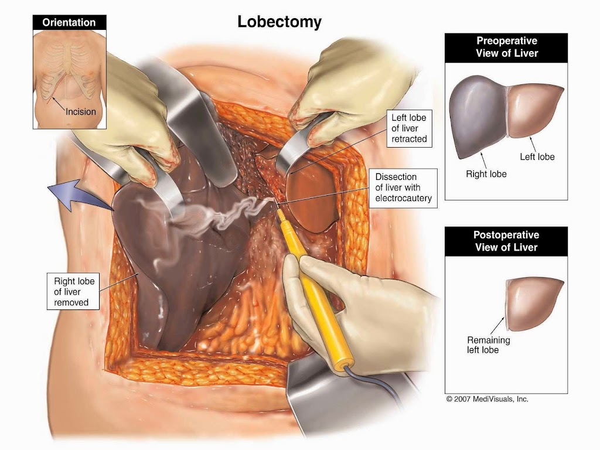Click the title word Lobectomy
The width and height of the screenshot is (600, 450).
279,22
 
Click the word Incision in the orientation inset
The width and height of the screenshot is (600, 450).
80,111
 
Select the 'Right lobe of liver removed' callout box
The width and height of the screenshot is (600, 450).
74,292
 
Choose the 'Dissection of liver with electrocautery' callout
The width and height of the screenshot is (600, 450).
404,187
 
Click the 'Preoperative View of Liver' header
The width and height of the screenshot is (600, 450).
507,47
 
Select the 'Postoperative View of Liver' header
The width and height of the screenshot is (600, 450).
506,241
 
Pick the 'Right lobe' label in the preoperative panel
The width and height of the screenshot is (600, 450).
486,174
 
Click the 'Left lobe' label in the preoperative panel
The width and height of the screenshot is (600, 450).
537,156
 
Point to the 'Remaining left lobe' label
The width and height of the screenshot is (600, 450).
488,345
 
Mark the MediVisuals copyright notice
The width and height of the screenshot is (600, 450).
487,398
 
